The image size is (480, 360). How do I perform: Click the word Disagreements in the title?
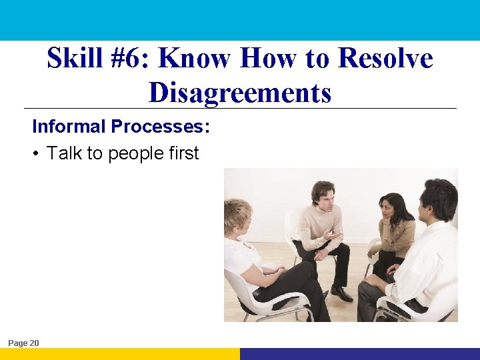click(240, 93)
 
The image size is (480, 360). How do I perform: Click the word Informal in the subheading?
click(69, 126)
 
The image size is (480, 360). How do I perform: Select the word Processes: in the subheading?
click(161, 126)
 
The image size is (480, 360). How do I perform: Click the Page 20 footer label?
click(24, 343)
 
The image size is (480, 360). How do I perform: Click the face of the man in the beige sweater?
click(324, 195)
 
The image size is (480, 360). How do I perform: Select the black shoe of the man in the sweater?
click(341, 293)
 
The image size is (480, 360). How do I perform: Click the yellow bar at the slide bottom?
click(120, 354)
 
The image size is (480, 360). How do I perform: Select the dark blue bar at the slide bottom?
click(360, 354)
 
